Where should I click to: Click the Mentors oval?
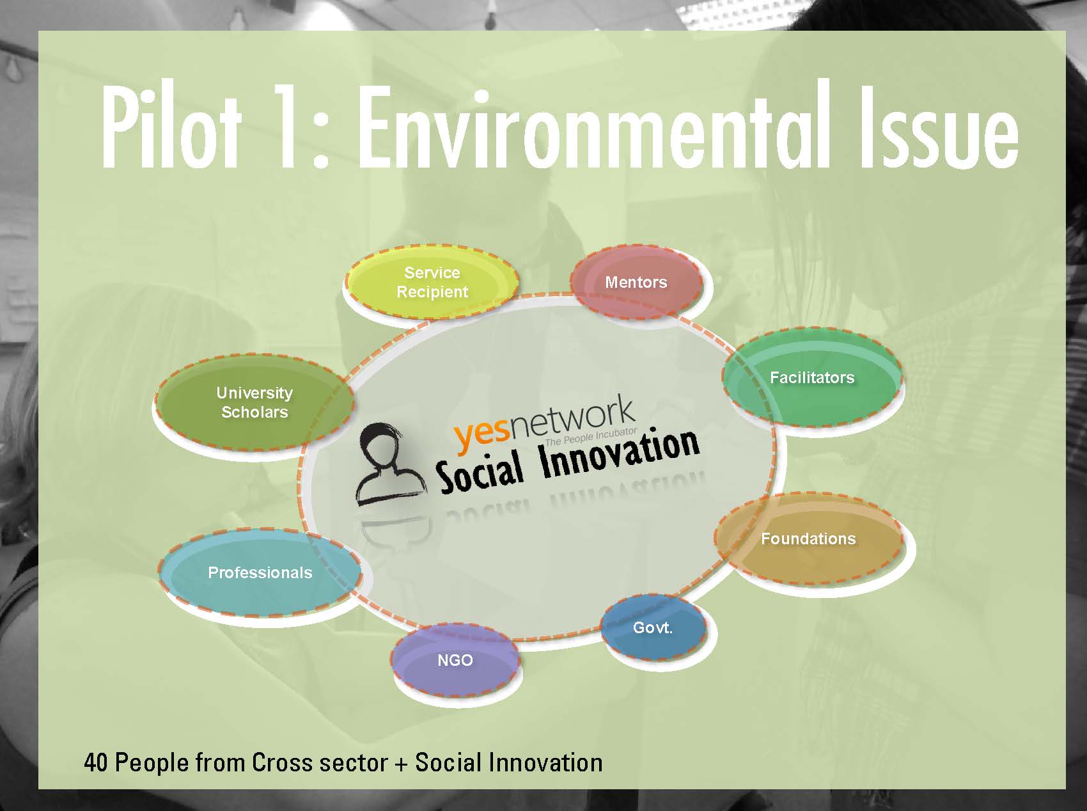click(636, 282)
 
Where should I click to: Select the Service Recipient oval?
click(432, 282)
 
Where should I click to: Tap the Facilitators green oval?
click(812, 377)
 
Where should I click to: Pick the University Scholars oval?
click(254, 402)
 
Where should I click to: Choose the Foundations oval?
click(809, 539)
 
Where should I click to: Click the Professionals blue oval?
click(260, 572)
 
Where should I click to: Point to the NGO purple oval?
click(455, 660)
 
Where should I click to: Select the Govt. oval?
click(653, 627)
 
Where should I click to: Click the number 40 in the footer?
click(96, 763)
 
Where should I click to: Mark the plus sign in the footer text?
click(401, 764)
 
